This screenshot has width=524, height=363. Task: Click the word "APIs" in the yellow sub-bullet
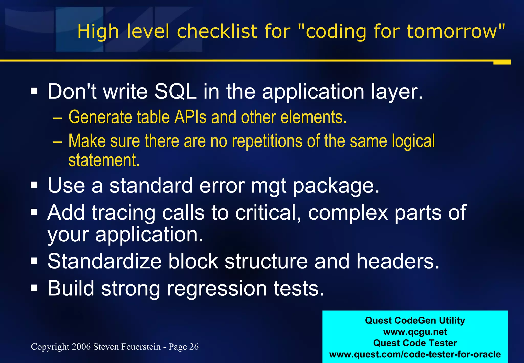[x=190, y=117]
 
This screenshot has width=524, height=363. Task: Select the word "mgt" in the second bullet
[x=269, y=186]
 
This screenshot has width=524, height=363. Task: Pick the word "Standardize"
[x=104, y=261]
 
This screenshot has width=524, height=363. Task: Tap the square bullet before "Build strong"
[x=34, y=288]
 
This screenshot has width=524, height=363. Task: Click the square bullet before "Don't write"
[x=34, y=91]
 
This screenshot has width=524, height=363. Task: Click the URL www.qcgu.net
[x=415, y=332]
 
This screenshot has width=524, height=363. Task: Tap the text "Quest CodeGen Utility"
[x=415, y=321]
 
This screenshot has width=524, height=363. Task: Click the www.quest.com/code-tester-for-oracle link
[x=415, y=354]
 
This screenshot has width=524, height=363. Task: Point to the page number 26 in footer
[x=194, y=347]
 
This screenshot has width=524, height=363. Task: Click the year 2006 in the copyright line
[x=81, y=347]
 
